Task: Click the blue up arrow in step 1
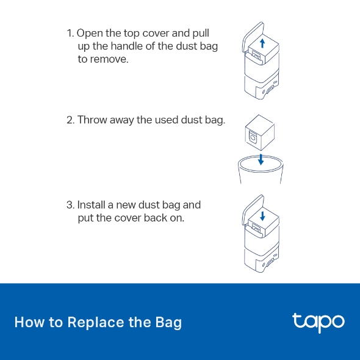pos(262,43)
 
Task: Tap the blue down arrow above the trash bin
pos(261,160)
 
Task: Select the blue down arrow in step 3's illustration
pos(262,216)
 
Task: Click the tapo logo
pos(319,323)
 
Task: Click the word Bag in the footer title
pos(168,323)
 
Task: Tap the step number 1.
pos(70,34)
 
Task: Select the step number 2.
pos(71,120)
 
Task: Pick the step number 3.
pos(71,205)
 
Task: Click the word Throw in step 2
pos(92,120)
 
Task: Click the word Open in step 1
pos(90,34)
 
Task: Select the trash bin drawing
pos(261,169)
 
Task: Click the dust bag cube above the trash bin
pos(260,132)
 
